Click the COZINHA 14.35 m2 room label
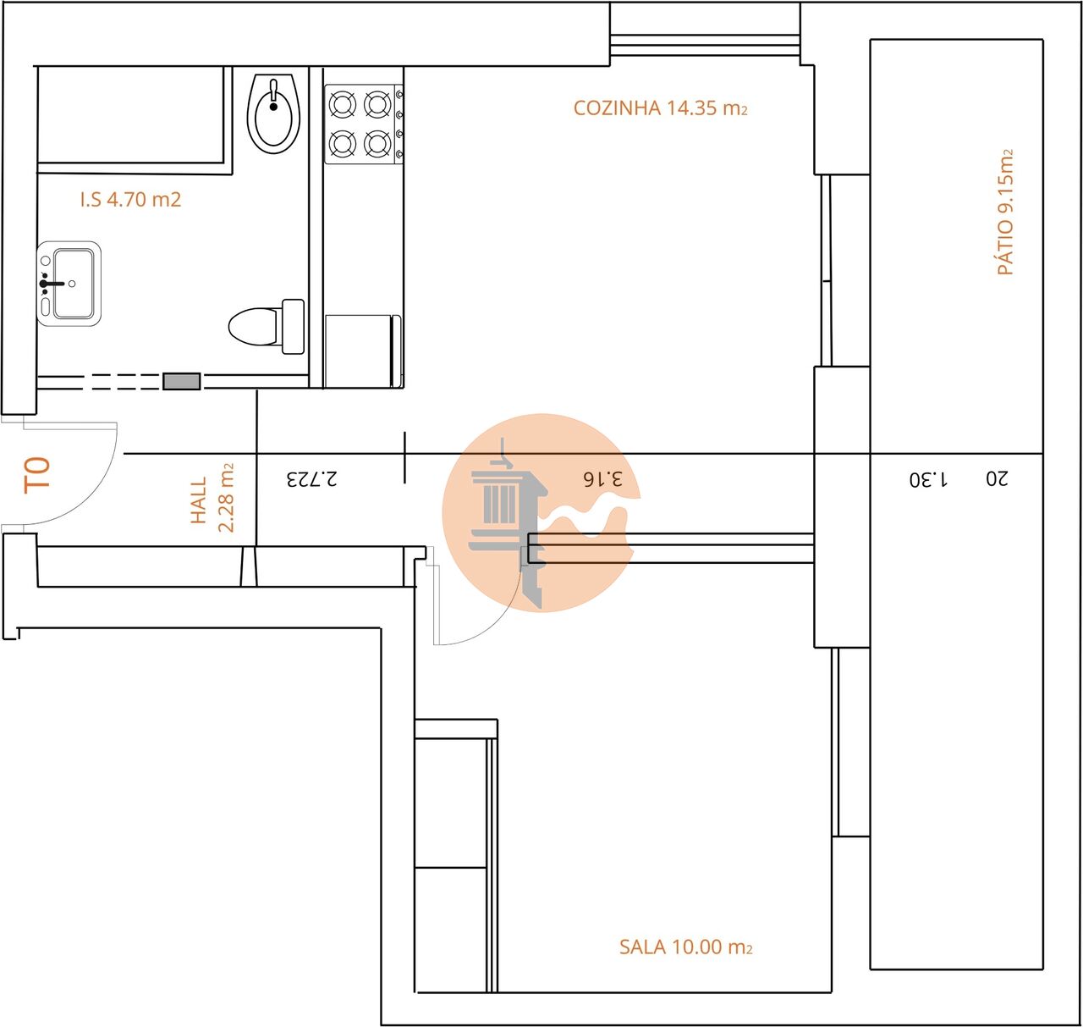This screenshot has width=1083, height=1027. pyautogui.click(x=660, y=108)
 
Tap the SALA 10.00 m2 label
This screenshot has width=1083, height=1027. pyautogui.click(x=685, y=947)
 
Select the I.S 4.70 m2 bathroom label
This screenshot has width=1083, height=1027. pyautogui.click(x=130, y=200)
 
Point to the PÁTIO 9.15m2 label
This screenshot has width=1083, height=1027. pyautogui.click(x=1005, y=213)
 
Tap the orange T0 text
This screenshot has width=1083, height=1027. pyautogui.click(x=37, y=475)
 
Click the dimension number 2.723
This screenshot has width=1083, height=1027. pyautogui.click(x=311, y=478)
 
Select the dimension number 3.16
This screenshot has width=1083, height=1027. pyautogui.click(x=602, y=478)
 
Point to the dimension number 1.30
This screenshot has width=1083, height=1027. pyautogui.click(x=928, y=479)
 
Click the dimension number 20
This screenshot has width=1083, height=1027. pyautogui.click(x=997, y=478)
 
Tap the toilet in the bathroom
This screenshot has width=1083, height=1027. pyautogui.click(x=254, y=327)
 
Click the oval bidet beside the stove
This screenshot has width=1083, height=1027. pyautogui.click(x=273, y=113)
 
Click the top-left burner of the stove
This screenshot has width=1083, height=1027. pyautogui.click(x=342, y=104)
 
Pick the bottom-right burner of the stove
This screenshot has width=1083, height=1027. pyautogui.click(x=377, y=144)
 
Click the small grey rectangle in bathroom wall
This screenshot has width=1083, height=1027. pyautogui.click(x=182, y=382)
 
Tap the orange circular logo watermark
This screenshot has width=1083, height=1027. pyautogui.click(x=538, y=512)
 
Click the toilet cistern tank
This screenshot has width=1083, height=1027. pyautogui.click(x=293, y=327)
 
